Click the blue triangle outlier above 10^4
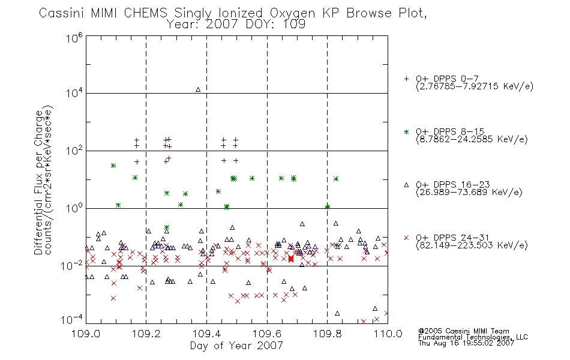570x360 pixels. coord(198,89)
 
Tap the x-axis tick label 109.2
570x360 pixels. coord(146,334)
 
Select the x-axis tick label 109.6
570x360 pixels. coord(267,334)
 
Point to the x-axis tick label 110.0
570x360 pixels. coord(388,334)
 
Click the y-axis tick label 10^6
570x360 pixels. coord(74,37)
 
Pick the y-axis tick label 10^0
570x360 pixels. coord(74,208)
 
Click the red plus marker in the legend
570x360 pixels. coord(406,79)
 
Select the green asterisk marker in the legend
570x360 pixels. coord(406,132)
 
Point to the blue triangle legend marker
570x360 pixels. coord(406,185)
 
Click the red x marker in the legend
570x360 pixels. coord(406,238)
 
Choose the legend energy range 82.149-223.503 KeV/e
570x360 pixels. coord(472,245)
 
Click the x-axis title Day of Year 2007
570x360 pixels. coord(236,346)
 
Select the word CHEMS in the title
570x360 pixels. coord(145,13)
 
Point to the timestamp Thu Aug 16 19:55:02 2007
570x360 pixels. coord(466,343)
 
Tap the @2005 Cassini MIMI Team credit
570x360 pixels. coord(463,331)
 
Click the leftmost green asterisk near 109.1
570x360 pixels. coord(113,166)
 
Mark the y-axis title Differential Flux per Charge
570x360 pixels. coord(38,182)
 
